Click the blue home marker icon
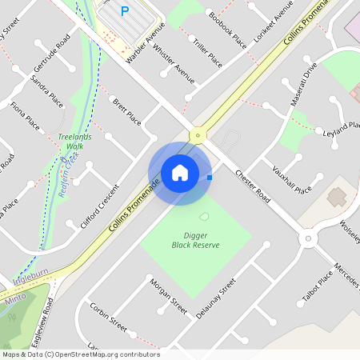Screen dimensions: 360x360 [180, 173]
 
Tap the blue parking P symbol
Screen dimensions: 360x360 [124, 11]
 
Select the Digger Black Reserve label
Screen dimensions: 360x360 [196, 240]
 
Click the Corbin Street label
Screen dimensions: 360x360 [109, 318]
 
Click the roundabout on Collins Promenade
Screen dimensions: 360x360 [198, 135]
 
